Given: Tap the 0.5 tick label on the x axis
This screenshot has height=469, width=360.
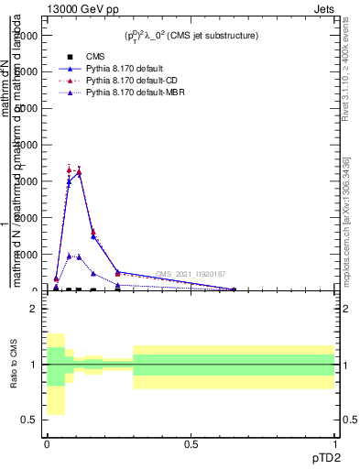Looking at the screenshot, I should pyautogui.click(x=191, y=443).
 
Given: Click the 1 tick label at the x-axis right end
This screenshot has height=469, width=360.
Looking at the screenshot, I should pyautogui.click(x=334, y=443).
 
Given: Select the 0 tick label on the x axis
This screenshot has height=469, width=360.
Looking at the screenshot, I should pyautogui.click(x=47, y=443).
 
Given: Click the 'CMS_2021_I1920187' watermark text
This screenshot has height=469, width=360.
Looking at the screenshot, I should pyautogui.click(x=190, y=274).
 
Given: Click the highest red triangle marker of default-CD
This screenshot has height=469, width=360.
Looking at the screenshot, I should pyautogui.click(x=70, y=169).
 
